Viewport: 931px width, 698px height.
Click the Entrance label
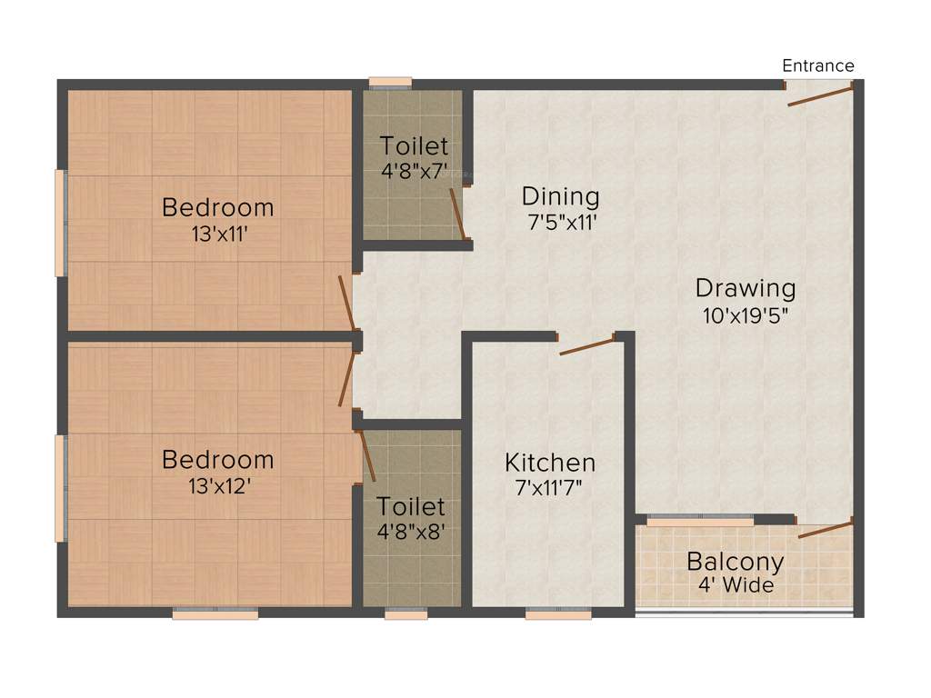click(x=818, y=65)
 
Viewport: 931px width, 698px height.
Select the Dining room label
click(x=560, y=196)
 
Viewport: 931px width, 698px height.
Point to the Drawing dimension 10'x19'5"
click(x=746, y=316)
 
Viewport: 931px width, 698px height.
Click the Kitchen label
click(x=550, y=463)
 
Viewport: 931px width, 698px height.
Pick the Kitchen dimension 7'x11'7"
click(x=549, y=487)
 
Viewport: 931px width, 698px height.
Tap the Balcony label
click(x=735, y=560)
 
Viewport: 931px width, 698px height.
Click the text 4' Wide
click(x=736, y=584)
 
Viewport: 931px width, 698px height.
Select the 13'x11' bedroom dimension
click(x=217, y=234)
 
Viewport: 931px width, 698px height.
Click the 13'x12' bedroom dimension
click(x=217, y=486)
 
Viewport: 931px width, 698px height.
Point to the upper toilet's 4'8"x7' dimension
click(x=414, y=170)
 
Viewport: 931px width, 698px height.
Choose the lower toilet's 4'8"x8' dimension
click(x=411, y=531)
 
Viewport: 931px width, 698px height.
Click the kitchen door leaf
click(x=587, y=345)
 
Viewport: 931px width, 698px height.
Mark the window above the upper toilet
click(x=390, y=83)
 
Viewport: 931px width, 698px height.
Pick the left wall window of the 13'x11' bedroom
click(x=60, y=222)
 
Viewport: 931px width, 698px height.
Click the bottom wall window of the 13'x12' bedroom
click(x=215, y=614)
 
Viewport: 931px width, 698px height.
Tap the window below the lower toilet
click(x=405, y=614)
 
